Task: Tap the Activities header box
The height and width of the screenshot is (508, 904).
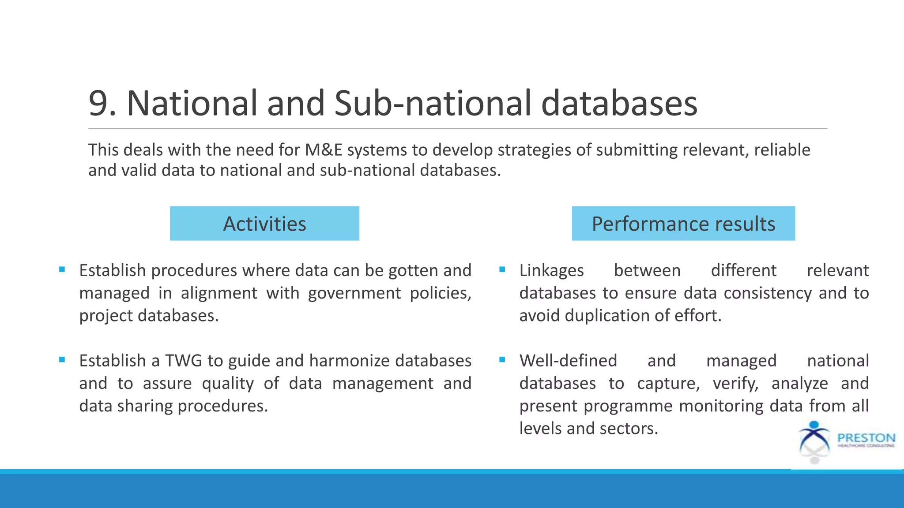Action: [x=264, y=224]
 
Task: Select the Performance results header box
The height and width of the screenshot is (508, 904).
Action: [x=683, y=224]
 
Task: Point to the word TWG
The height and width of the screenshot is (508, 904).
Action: [x=183, y=361]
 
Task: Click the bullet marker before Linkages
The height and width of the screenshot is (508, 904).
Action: [x=502, y=269]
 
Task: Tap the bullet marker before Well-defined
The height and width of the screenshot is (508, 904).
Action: [x=502, y=360]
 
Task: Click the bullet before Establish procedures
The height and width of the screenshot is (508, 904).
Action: [x=62, y=269]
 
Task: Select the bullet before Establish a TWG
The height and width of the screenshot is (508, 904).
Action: [x=62, y=360]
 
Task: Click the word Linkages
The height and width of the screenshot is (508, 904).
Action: [x=551, y=270]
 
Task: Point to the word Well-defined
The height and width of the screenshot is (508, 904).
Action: [x=568, y=361]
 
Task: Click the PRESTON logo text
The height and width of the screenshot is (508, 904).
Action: [x=866, y=438]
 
